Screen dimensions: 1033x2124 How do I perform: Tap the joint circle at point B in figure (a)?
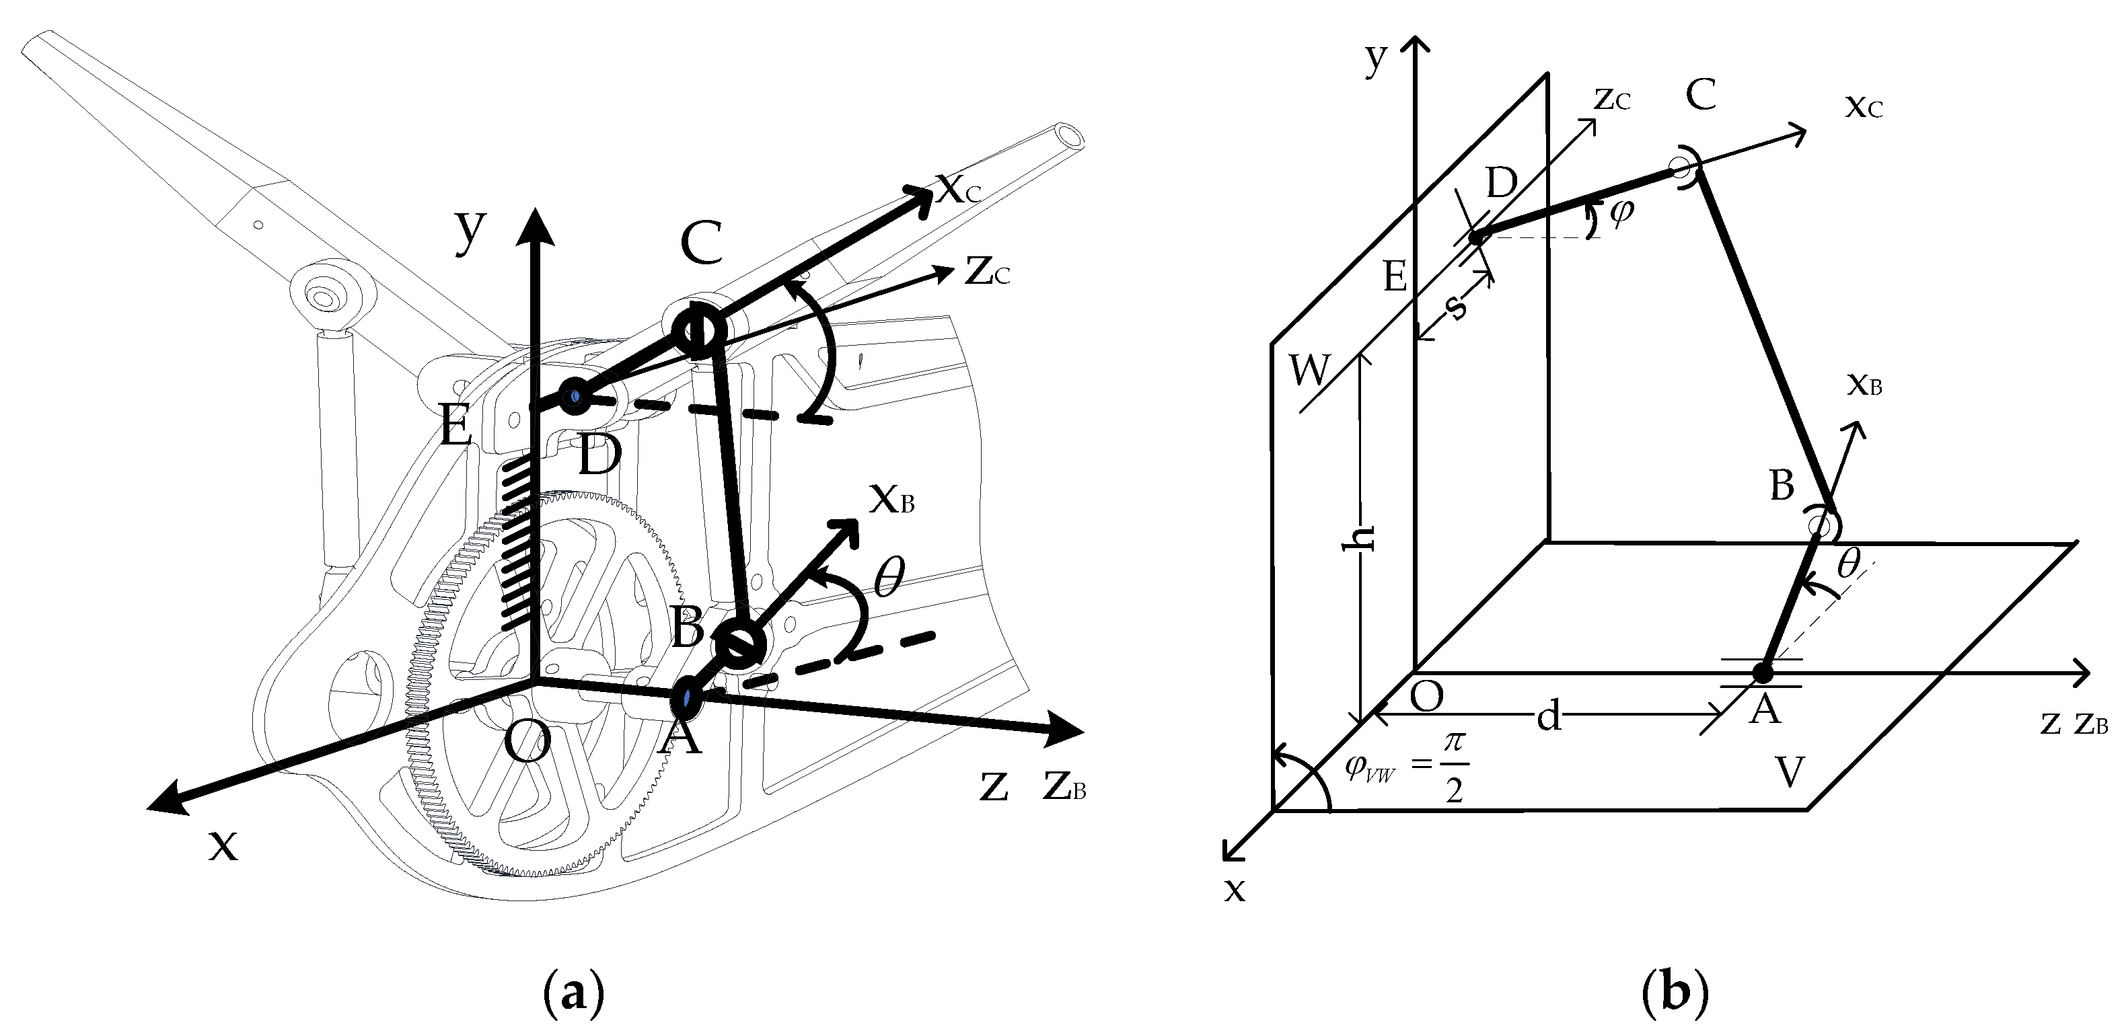point(739,645)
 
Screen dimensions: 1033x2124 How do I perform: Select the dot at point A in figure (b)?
point(1762,672)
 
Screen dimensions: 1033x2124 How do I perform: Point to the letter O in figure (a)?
point(526,744)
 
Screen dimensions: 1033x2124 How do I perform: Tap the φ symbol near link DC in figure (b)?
point(1621,213)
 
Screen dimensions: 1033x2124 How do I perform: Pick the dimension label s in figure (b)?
point(1457,307)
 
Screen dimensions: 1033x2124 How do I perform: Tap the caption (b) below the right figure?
point(1675,996)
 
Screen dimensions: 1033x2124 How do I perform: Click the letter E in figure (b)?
point(1394,276)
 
